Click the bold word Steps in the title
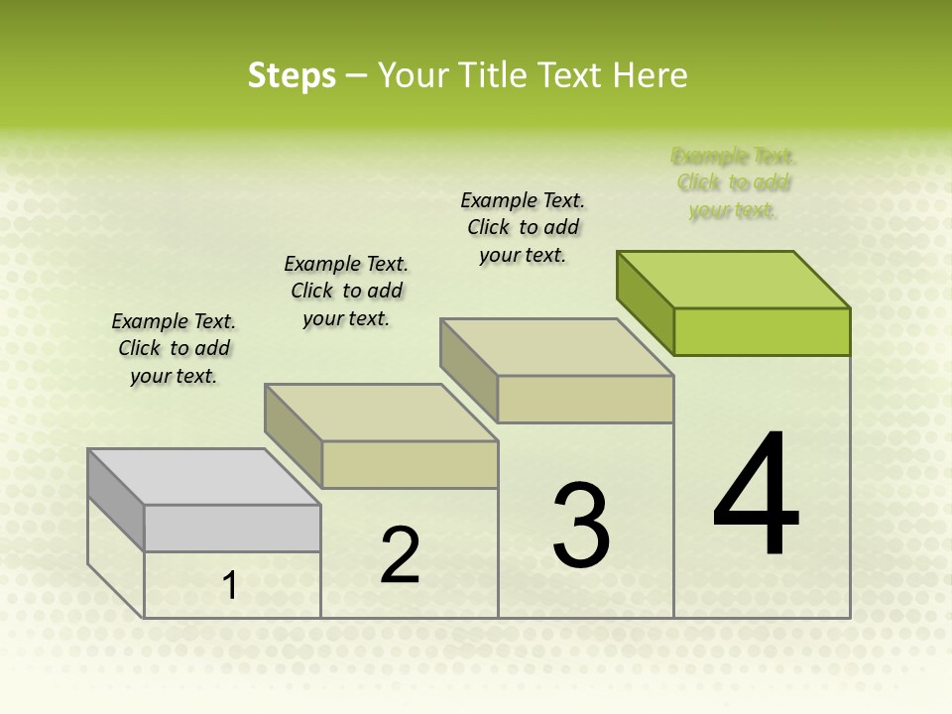tap(292, 75)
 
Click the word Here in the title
tap(650, 75)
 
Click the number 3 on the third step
tap(581, 525)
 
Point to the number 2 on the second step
tap(400, 555)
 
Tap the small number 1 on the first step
tap(230, 586)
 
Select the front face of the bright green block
tap(762, 331)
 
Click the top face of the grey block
tap(203, 477)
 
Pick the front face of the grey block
tap(232, 528)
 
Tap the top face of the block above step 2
tap(381, 413)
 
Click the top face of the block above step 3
tap(556, 347)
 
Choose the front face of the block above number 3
tap(585, 400)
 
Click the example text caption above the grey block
tap(174, 348)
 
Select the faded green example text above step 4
tap(733, 182)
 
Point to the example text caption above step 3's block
tap(523, 227)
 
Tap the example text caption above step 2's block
tap(346, 291)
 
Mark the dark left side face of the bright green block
tap(646, 302)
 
